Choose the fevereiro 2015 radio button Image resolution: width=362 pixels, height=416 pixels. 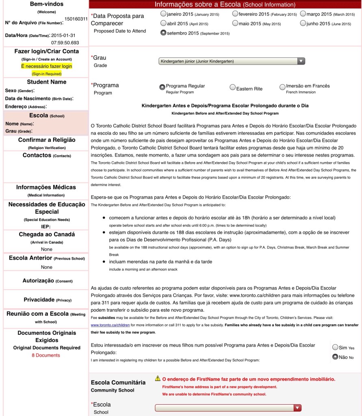[235, 14]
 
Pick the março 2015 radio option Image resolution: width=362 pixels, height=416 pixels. [303, 14]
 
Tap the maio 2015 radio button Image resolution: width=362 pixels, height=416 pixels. [235, 24]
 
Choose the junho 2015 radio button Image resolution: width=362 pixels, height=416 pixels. [303, 24]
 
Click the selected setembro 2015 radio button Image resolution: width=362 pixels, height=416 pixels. [163, 33]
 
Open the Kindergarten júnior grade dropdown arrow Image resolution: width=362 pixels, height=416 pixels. [301, 61]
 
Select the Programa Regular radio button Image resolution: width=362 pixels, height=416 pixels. [163, 87]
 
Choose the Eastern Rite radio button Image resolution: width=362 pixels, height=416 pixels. [232, 87]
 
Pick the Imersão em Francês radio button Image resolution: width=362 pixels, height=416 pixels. [282, 87]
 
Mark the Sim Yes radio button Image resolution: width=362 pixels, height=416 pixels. [335, 347]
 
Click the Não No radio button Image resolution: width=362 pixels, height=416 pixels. [335, 357]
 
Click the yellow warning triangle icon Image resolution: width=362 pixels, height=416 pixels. [158, 379]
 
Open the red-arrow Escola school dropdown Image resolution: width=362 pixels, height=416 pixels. [298, 407]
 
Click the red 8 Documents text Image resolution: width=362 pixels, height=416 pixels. [46, 355]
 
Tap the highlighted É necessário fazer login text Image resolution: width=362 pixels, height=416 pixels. [46, 66]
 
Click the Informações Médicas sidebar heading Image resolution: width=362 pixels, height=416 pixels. [46, 187]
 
